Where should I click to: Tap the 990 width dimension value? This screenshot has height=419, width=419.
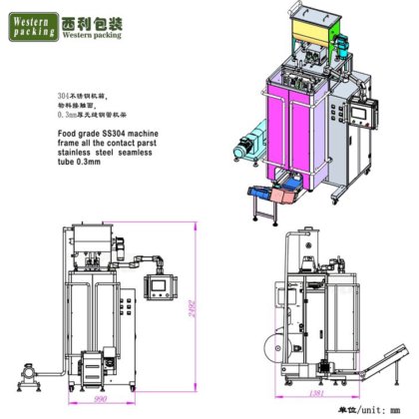point(99,397)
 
